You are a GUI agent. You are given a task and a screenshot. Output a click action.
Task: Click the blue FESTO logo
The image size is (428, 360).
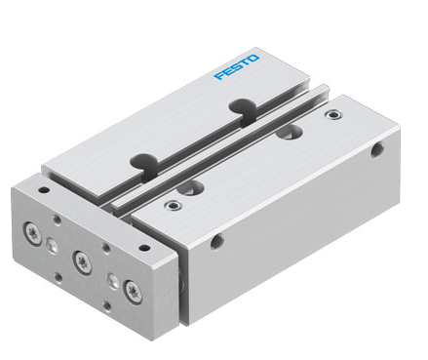pos(237,67)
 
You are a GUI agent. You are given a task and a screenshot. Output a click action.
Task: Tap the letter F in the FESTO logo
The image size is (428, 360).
pos(218,75)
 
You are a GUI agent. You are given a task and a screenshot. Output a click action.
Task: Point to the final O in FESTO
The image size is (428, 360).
pos(253,59)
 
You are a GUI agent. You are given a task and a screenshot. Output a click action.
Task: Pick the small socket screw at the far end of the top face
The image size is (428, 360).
pos(333,114)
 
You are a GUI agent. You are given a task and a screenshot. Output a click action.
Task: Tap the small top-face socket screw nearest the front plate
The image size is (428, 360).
pos(173,205)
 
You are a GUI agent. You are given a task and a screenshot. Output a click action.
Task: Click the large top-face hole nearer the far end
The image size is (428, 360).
pos(289,132)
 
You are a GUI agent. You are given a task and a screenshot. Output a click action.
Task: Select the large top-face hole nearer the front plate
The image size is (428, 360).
pos(191,187)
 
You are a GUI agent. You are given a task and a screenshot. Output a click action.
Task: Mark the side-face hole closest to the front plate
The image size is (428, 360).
pos(216,241)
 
